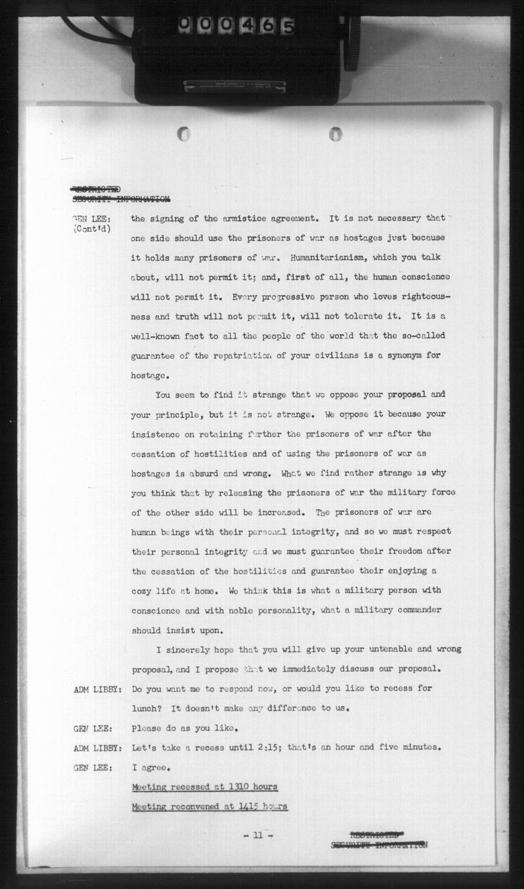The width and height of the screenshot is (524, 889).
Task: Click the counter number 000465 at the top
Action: [236, 26]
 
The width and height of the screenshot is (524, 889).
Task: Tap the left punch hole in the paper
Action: [184, 134]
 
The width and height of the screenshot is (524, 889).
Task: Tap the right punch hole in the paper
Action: [335, 134]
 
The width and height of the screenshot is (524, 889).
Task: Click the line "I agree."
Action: [151, 768]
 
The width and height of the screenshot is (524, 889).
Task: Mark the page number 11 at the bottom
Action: [259, 836]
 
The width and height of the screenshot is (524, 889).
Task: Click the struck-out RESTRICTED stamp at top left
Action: [95, 189]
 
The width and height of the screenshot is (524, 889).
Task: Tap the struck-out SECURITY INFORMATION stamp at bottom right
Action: [379, 845]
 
